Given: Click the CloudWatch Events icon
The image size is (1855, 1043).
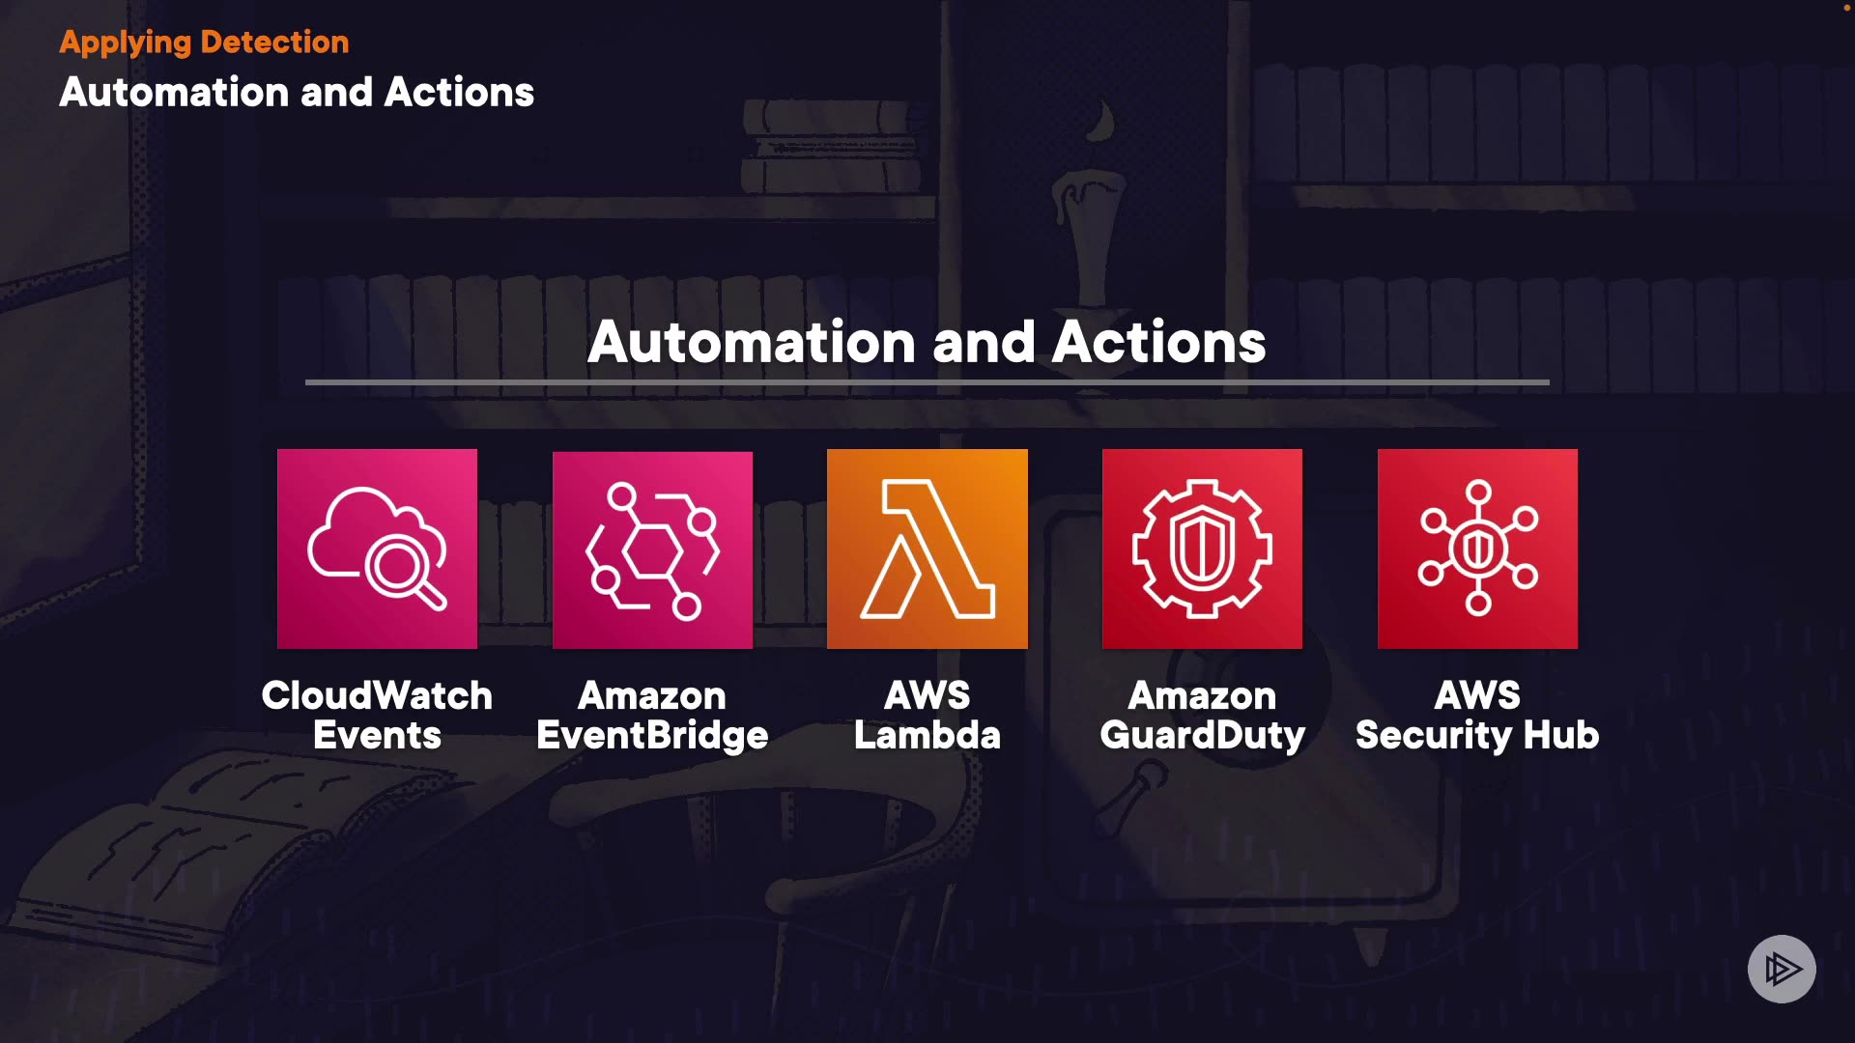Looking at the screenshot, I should [x=377, y=549].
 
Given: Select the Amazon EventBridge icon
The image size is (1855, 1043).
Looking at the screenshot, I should [x=652, y=550].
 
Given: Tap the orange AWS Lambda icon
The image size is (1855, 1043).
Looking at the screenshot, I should [x=927, y=549].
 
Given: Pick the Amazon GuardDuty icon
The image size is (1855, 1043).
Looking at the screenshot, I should [x=1202, y=549].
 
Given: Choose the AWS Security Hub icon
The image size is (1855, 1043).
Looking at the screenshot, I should [x=1477, y=549].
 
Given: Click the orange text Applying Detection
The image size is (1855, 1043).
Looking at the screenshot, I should [x=204, y=42].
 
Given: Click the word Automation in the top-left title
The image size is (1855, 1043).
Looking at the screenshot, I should [x=174, y=93].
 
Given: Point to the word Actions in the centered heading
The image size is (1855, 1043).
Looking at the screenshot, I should [x=1158, y=342].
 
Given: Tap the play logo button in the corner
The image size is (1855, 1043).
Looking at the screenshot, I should [x=1782, y=969].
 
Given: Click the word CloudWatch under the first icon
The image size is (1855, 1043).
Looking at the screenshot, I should [x=377, y=695].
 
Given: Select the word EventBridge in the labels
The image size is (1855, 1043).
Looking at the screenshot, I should [x=652, y=736].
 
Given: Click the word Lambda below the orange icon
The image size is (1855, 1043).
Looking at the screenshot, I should [x=927, y=736].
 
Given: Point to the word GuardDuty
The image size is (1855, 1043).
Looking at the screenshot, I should [x=1202, y=736].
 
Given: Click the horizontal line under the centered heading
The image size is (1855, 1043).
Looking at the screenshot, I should [x=927, y=382].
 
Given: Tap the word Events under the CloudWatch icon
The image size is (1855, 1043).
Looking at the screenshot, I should [x=377, y=736].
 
